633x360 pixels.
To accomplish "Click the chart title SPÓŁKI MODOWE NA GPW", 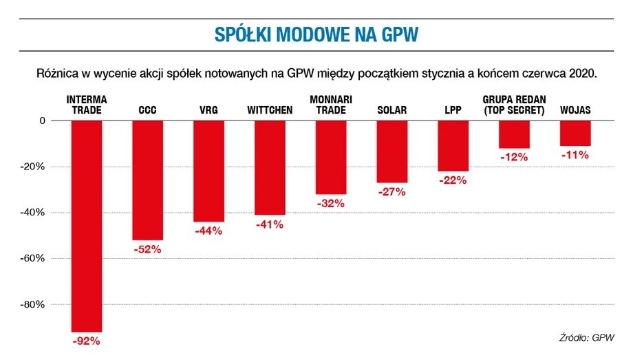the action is [x=316, y=34].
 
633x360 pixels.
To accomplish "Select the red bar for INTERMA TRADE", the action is [x=87, y=226].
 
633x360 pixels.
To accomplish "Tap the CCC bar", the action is [x=148, y=180].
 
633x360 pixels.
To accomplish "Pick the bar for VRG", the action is [x=208, y=171].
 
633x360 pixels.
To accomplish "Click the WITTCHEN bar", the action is [x=270, y=168].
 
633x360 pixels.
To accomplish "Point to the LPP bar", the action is [x=453, y=146].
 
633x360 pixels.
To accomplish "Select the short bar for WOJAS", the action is [x=575, y=134].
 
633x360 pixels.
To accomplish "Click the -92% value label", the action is [x=87, y=341].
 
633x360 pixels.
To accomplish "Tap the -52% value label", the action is [x=147, y=249].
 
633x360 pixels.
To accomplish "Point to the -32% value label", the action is [x=331, y=203].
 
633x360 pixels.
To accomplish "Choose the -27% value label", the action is [x=391, y=191].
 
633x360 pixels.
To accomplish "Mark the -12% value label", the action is [x=514, y=157].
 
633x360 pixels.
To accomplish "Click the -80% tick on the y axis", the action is [x=32, y=304].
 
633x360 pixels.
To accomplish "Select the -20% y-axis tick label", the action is [x=32, y=167].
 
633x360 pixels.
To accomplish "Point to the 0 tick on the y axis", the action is [x=43, y=120].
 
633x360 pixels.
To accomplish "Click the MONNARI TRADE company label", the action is [x=331, y=105].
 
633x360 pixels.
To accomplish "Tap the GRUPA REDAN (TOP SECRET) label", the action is [x=515, y=105].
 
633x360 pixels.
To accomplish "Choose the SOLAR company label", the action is [x=392, y=110].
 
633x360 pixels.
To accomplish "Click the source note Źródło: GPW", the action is [x=587, y=337].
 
